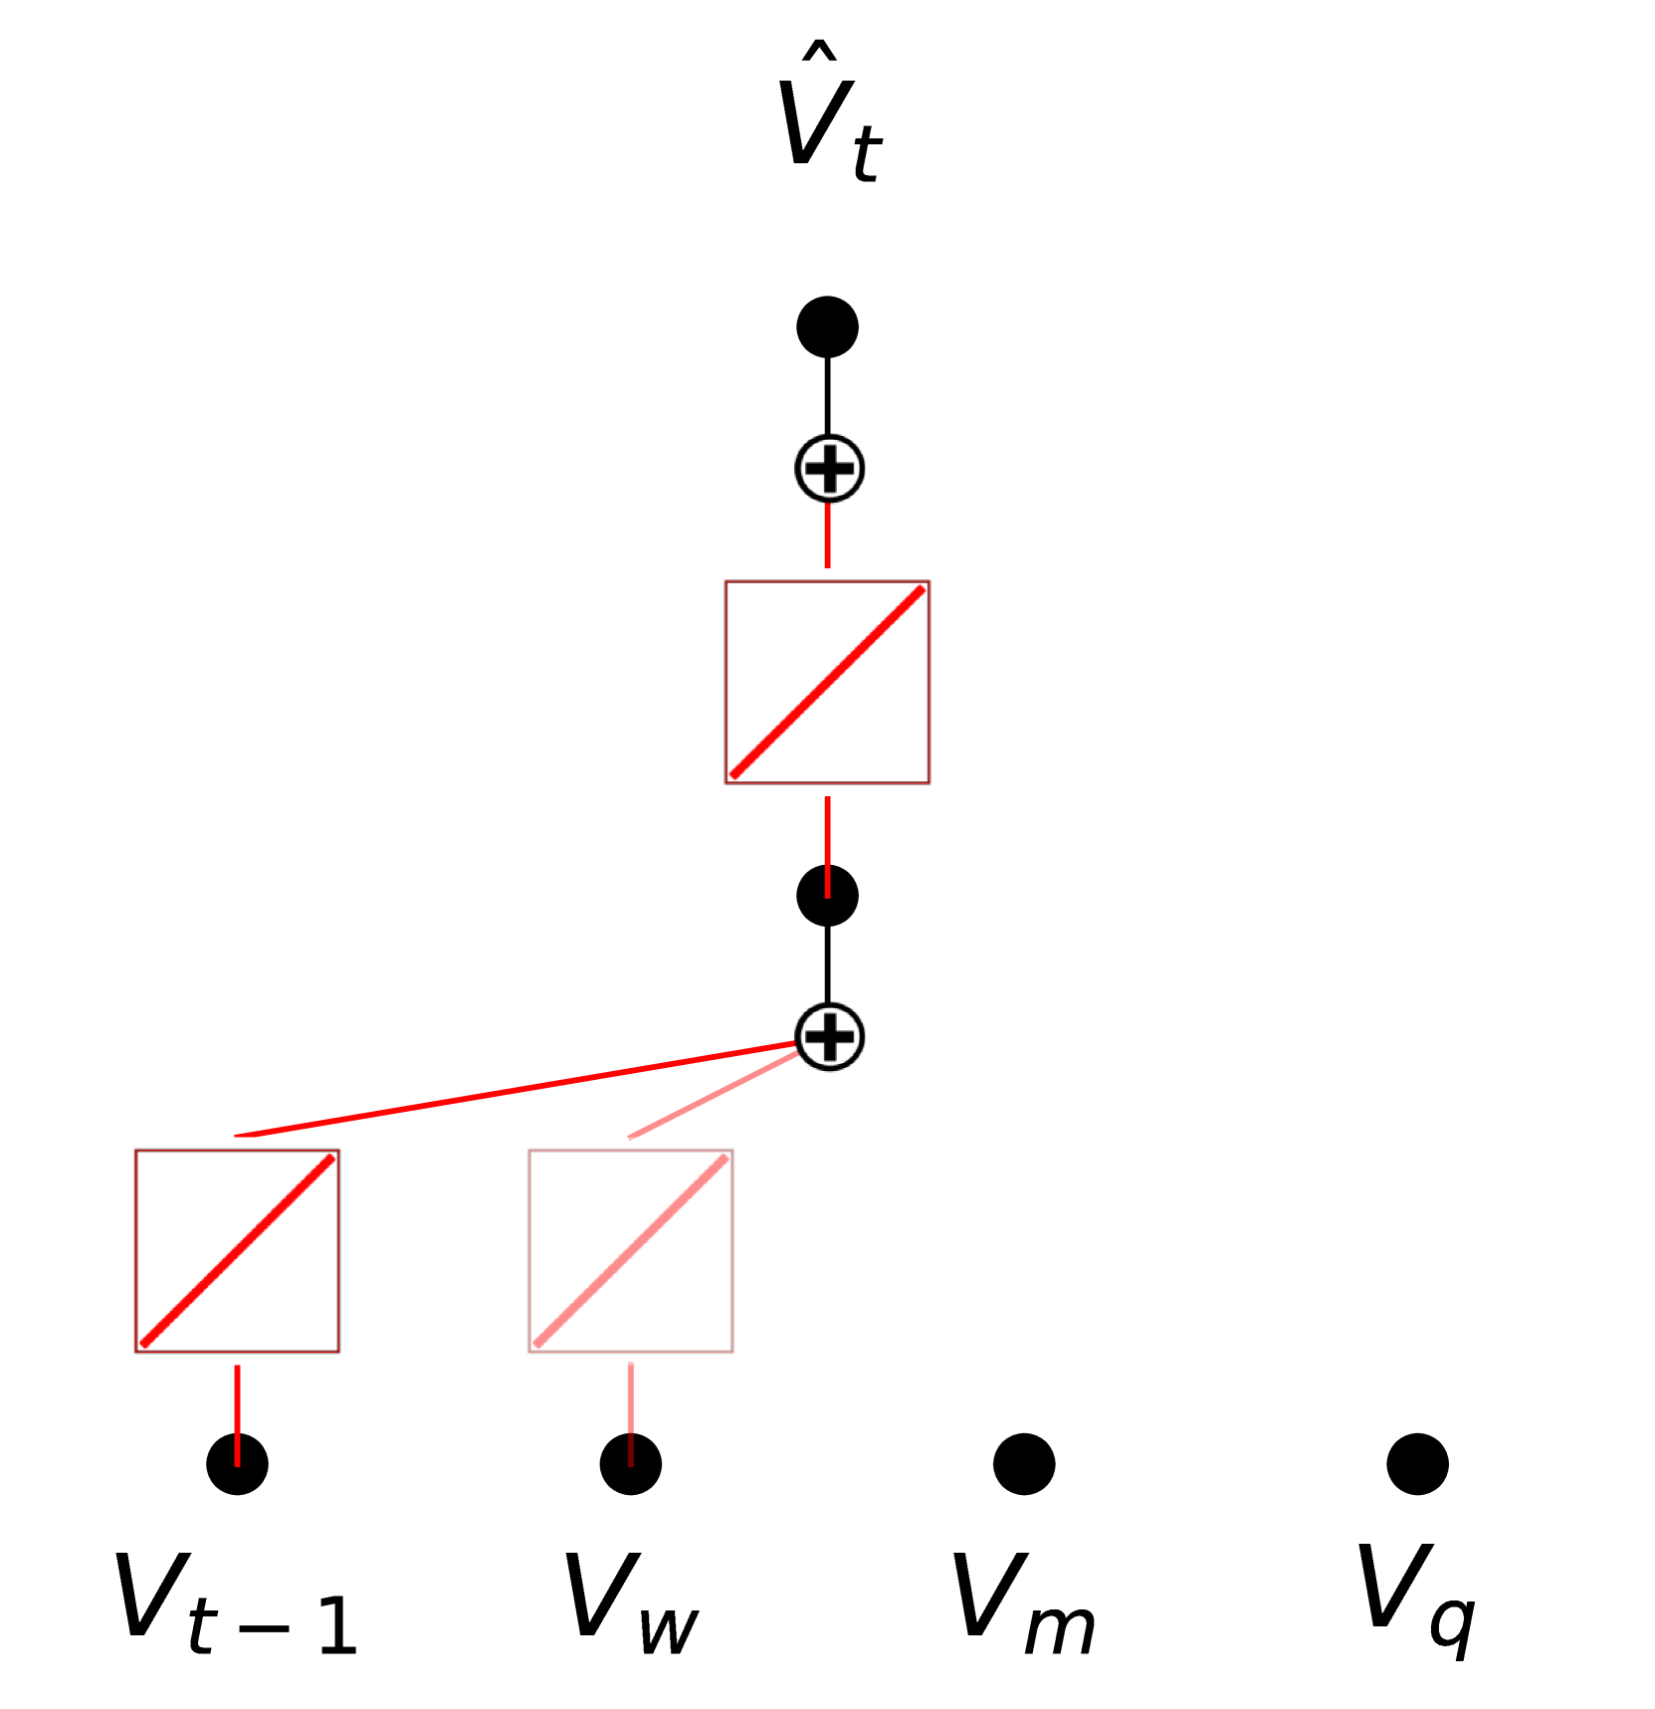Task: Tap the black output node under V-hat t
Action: click(827, 326)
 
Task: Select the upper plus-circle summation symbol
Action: click(829, 469)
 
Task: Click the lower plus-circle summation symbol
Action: click(829, 1037)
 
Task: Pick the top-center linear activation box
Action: click(827, 683)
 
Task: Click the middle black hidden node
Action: click(827, 896)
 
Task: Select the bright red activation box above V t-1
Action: click(237, 1251)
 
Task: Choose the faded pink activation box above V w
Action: click(631, 1251)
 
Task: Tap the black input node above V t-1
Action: click(237, 1464)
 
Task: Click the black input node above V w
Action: click(631, 1464)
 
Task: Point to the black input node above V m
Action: click(1024, 1464)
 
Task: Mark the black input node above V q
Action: click(1417, 1464)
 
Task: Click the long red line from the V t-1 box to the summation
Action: click(517, 1090)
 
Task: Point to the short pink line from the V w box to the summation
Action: click(712, 1096)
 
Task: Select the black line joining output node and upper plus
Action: click(827, 396)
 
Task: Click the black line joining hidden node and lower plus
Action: click(827, 963)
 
